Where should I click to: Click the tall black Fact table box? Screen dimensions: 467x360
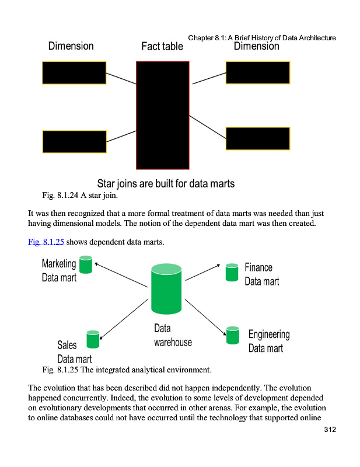(x=162, y=114)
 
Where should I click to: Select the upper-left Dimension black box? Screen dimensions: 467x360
(x=74, y=73)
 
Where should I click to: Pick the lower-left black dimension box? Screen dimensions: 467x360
(x=74, y=142)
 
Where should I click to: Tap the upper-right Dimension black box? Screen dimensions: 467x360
(x=257, y=73)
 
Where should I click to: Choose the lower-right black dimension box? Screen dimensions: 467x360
(x=257, y=138)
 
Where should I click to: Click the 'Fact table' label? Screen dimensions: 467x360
(x=162, y=47)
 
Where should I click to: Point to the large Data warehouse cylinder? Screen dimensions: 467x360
(x=166, y=290)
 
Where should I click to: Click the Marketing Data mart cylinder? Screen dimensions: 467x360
(x=86, y=265)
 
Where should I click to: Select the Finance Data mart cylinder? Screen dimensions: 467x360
(x=232, y=272)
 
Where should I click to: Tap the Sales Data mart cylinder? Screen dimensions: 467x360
(x=93, y=339)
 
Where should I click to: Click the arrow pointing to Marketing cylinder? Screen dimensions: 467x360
(x=120, y=274)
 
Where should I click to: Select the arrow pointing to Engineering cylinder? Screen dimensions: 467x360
(x=205, y=317)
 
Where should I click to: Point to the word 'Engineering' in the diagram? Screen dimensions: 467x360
(x=269, y=334)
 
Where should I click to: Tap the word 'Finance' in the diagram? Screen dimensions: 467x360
(x=258, y=267)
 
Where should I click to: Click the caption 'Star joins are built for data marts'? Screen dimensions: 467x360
(x=166, y=183)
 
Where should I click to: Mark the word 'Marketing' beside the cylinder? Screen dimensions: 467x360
(x=59, y=263)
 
